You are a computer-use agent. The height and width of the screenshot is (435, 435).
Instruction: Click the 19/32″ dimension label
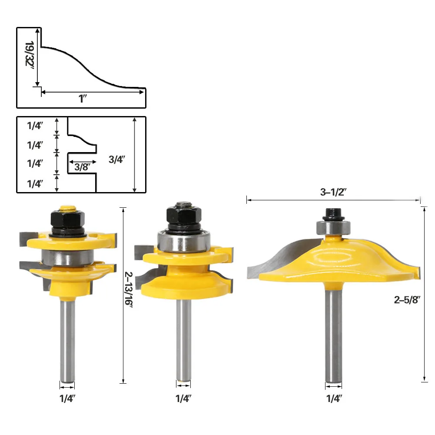(x=30, y=54)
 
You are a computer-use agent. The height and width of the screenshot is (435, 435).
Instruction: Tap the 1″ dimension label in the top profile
(x=83, y=99)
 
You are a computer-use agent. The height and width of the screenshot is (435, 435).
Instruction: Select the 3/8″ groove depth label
(x=82, y=167)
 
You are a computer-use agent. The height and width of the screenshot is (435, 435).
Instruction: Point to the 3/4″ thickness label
(x=117, y=159)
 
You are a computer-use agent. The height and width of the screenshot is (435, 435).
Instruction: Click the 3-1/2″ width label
(x=333, y=192)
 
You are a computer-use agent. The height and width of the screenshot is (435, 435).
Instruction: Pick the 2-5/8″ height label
(x=407, y=299)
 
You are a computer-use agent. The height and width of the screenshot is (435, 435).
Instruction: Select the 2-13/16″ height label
(x=129, y=289)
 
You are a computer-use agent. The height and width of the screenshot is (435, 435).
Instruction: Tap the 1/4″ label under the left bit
(x=67, y=398)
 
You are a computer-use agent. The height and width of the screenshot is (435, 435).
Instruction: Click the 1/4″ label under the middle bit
(x=183, y=398)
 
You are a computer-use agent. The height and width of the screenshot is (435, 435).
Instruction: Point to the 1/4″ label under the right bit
(x=334, y=398)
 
